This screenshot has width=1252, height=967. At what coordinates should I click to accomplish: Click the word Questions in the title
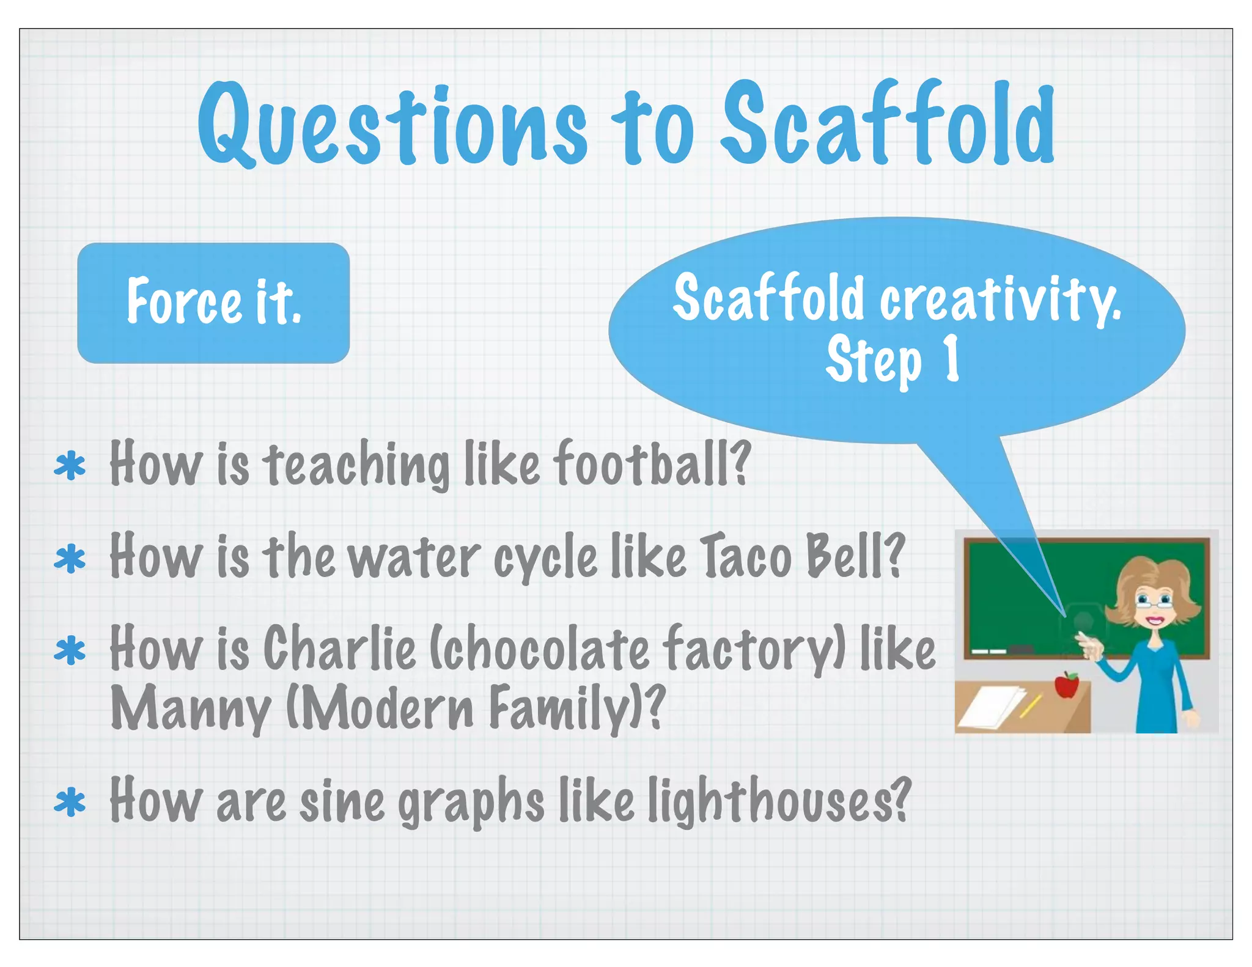tap(391, 125)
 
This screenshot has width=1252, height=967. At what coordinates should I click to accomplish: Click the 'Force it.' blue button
tap(213, 303)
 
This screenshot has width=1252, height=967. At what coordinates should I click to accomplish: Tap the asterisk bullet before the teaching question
tap(70, 466)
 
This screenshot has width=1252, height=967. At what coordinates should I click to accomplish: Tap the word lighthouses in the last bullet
tap(779, 801)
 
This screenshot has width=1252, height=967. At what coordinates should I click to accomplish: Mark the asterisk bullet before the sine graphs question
tap(70, 803)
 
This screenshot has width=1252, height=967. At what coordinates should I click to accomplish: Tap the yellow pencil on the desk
tap(1031, 705)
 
